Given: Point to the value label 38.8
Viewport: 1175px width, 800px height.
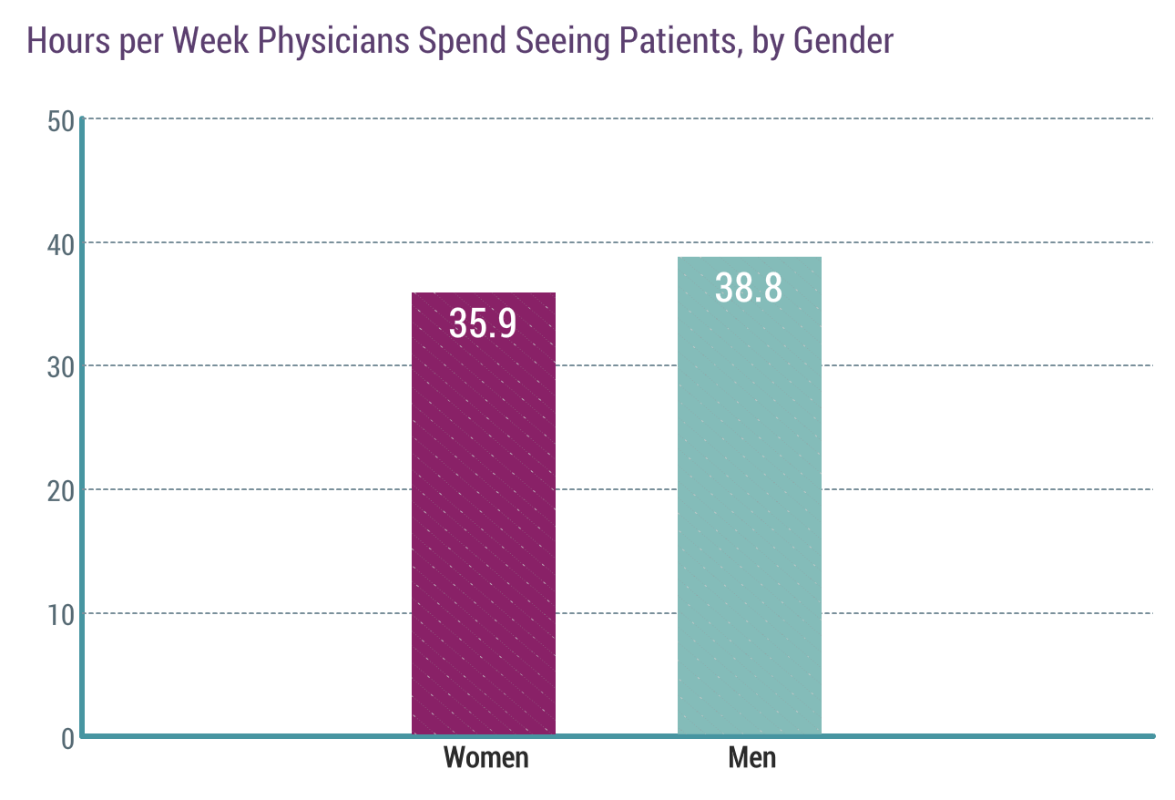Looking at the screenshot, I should pos(749,288).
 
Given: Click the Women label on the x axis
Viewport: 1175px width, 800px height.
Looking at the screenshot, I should pos(485,757).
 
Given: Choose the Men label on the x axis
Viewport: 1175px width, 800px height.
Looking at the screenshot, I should pos(752,757).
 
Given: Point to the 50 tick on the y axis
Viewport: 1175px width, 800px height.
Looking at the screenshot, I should pos(60,120).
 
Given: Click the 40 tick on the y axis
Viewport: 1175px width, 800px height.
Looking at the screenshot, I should pos(60,243).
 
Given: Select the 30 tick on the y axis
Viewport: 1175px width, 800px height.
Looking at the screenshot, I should pos(60,367).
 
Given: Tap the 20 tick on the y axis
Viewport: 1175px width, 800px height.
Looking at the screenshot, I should pos(60,490).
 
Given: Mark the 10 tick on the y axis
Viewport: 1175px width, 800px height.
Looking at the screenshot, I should pos(60,614).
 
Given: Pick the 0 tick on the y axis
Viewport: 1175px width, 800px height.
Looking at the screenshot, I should pos(67,737).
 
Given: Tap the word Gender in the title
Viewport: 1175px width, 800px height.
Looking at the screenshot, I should pos(843,41).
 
